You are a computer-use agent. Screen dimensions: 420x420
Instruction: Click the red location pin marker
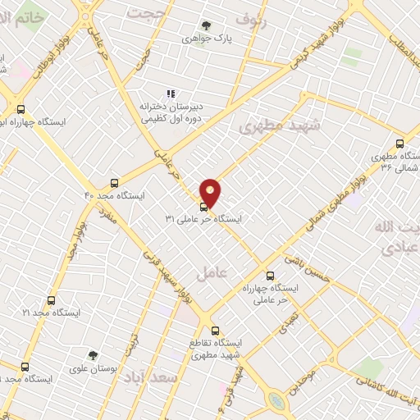pos(211,192)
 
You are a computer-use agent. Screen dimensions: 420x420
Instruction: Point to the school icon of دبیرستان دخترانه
pos(171,94)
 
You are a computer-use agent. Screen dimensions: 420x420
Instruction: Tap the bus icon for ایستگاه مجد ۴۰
pos(113,183)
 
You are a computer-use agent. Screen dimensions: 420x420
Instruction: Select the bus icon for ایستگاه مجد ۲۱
pos(51,301)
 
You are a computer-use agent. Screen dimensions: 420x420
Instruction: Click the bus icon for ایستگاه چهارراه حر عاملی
pos(270,276)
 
